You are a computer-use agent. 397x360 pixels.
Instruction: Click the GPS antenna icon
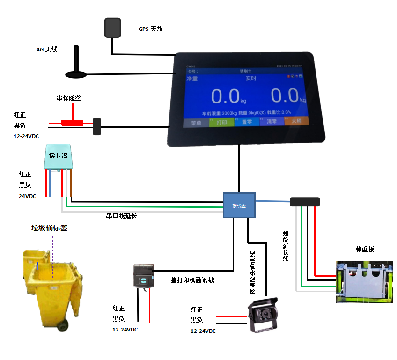112,28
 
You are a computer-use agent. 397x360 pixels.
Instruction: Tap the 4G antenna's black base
76,74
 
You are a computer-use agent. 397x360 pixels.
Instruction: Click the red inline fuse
73,123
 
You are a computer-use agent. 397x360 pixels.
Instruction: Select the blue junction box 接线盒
239,205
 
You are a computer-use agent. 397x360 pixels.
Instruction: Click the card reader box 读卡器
58,157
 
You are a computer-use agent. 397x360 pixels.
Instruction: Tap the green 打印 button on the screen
221,122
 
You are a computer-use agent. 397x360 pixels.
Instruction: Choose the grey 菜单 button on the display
196,123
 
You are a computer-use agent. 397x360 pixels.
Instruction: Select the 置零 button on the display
246,122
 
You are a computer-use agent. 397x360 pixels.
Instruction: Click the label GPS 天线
151,29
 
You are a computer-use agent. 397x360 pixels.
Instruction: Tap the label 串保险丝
69,98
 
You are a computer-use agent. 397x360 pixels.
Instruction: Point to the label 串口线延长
122,216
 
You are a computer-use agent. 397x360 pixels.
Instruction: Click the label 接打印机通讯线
192,280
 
